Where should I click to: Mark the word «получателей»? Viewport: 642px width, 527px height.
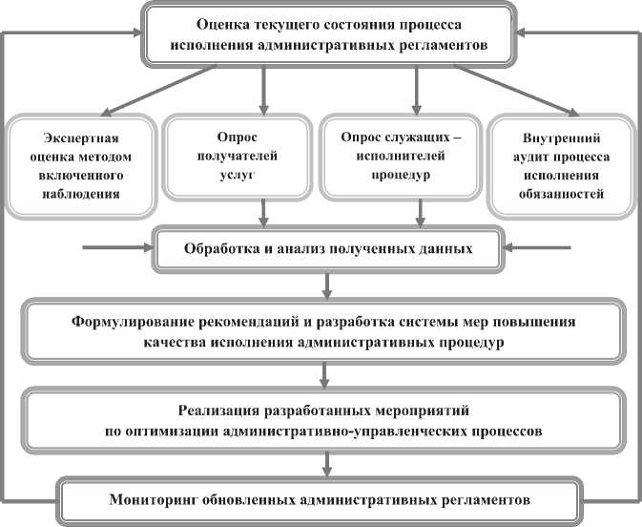(235, 157)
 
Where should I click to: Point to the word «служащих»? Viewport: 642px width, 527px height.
(415, 137)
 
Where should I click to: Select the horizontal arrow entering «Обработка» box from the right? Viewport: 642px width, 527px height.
(539, 250)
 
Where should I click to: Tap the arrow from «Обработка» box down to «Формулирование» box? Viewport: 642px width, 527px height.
(327, 284)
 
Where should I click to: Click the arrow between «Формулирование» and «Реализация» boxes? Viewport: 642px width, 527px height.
(327, 371)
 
